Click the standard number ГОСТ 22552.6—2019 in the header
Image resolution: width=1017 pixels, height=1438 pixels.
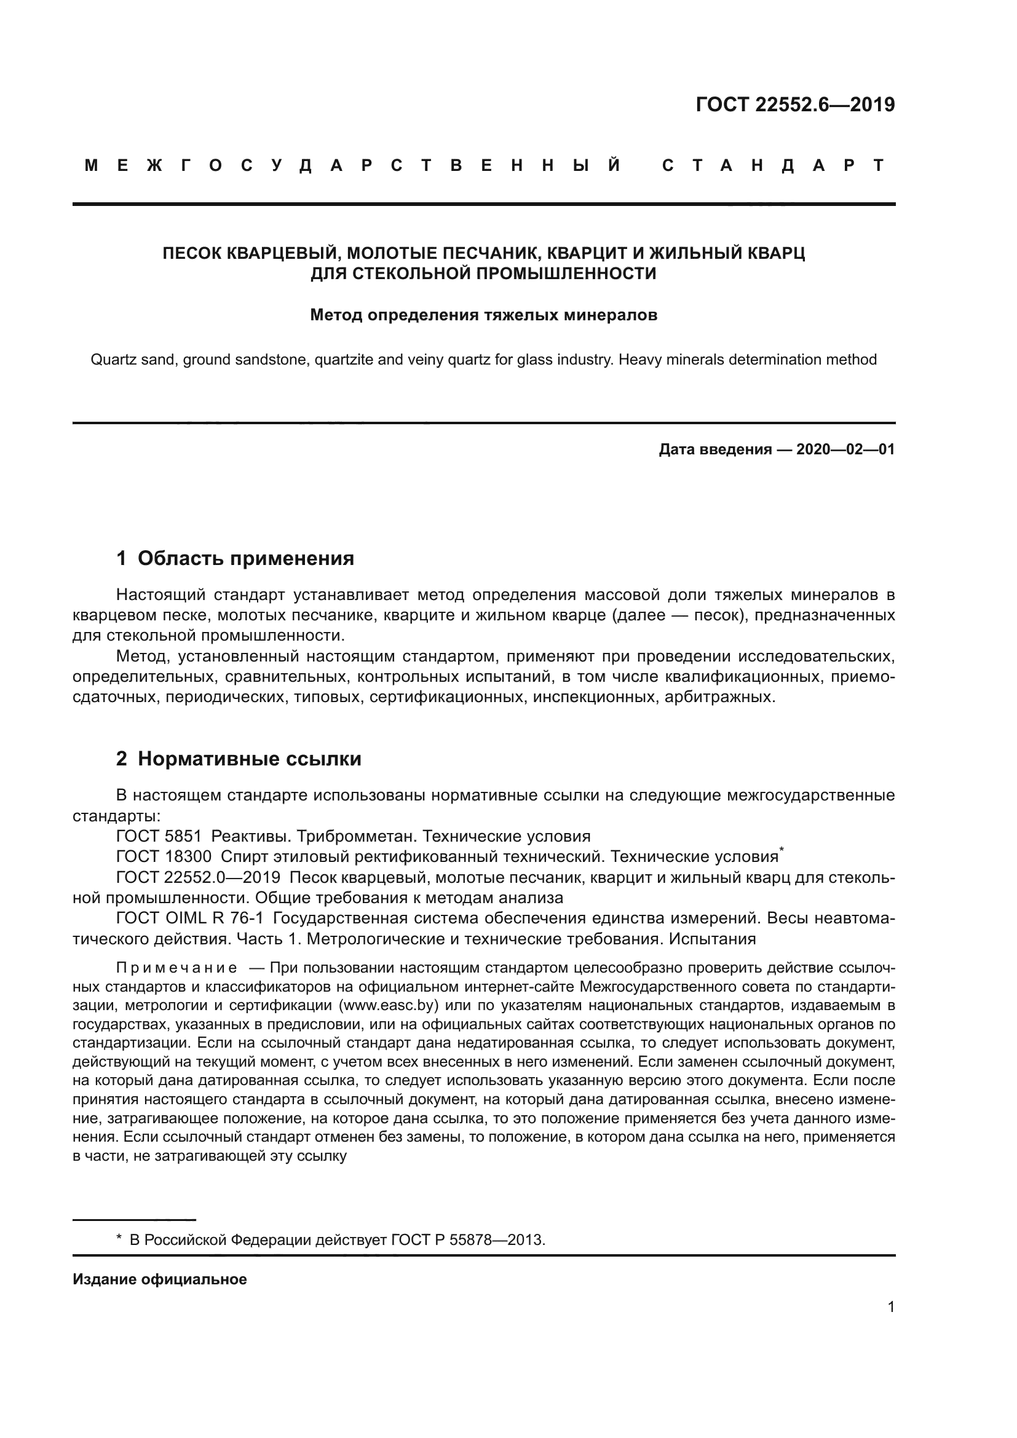tap(794, 105)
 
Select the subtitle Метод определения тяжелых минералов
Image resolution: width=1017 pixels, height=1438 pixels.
tap(483, 315)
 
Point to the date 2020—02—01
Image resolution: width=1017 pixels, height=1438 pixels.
tap(845, 449)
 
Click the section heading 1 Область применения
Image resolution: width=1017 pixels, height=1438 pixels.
tap(235, 558)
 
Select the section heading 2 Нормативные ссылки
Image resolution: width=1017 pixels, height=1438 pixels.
tap(239, 759)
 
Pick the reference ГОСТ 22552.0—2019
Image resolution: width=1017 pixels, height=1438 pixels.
tap(198, 877)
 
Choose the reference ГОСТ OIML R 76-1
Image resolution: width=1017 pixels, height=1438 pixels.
tap(190, 918)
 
